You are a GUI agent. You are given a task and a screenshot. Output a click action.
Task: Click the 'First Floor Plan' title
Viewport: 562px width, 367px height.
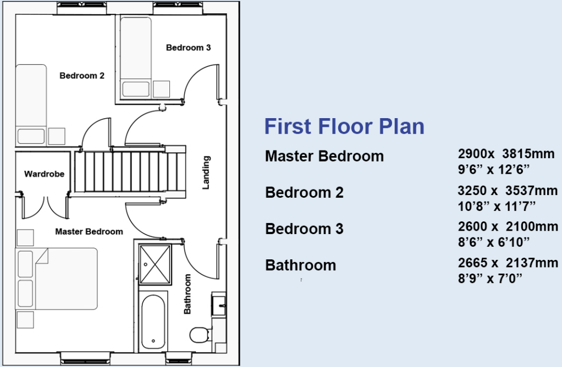coord(344,126)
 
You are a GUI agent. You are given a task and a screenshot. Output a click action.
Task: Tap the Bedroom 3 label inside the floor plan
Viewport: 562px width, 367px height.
coord(188,48)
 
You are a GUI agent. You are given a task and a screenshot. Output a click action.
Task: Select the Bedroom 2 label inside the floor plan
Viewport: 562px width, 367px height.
coord(82,76)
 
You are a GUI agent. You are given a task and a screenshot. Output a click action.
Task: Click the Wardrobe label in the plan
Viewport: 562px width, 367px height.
coord(44,174)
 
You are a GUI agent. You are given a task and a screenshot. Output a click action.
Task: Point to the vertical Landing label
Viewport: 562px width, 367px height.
coord(206,173)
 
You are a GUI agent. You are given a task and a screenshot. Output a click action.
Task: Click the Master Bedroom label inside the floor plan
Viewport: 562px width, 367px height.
coord(89,231)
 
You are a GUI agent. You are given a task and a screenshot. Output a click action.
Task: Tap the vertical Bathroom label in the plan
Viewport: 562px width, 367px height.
coord(187,294)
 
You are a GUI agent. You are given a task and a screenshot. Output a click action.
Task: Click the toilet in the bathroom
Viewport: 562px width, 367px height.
coord(199,333)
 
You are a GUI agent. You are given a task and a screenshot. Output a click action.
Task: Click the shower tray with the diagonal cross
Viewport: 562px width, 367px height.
coord(155,264)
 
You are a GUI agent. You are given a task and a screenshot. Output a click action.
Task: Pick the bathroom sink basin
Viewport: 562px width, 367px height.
coord(218,304)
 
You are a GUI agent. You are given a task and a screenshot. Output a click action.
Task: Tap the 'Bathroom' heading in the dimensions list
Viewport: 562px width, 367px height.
coord(300,265)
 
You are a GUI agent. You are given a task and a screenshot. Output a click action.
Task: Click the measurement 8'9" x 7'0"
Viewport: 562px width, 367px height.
coord(489,278)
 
